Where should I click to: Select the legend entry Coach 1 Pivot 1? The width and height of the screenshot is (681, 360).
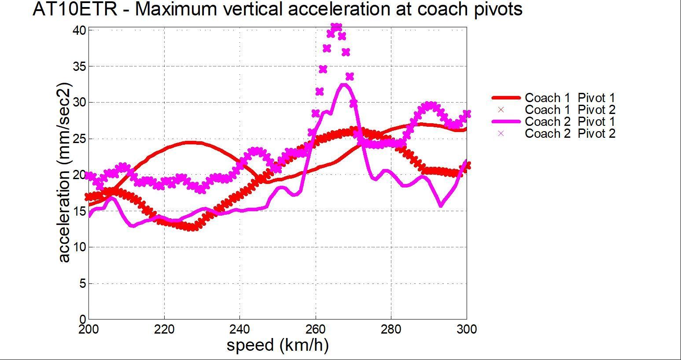point(570,98)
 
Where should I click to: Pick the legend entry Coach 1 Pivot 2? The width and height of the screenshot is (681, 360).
point(570,110)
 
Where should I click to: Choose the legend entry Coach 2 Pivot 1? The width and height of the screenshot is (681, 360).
point(570,121)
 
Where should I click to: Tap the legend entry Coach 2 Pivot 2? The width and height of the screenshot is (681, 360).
point(570,133)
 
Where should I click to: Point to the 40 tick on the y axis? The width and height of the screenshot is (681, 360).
point(79,30)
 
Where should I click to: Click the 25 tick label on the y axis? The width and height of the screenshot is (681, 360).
point(79,139)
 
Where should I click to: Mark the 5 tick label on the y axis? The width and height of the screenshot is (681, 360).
point(82,283)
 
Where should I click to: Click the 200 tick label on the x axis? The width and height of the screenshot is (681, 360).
point(89,329)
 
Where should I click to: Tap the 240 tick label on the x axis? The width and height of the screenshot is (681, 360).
point(239,329)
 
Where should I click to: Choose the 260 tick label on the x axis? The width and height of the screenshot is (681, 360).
point(315,329)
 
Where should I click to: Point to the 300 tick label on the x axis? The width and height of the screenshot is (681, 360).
point(467,329)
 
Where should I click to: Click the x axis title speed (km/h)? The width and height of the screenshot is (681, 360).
point(278,345)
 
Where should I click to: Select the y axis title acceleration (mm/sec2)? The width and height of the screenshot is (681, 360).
point(64,172)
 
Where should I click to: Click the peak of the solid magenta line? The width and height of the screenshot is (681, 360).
point(344,85)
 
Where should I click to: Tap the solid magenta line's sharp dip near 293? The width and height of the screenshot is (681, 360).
point(441,205)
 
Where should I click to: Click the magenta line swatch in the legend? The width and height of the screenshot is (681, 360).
point(506,121)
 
